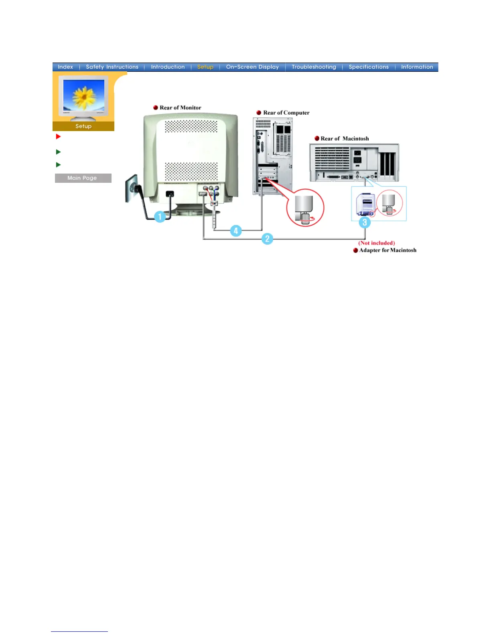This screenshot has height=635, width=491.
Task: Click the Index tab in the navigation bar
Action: tap(65, 67)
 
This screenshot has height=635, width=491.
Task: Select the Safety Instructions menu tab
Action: tap(112, 67)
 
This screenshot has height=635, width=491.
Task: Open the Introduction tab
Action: tap(168, 67)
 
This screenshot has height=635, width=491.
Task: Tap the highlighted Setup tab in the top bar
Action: tap(205, 67)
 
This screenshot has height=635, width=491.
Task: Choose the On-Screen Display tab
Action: tap(252, 67)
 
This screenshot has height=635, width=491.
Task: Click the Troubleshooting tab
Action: tap(314, 67)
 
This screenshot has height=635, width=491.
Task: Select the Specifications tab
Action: tap(368, 67)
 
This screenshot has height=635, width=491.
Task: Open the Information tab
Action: tap(417, 67)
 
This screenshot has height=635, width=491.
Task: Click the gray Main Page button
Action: tap(83, 178)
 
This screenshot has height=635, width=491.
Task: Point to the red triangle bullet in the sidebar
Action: tap(58, 137)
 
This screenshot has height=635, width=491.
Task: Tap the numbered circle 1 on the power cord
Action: tap(160, 217)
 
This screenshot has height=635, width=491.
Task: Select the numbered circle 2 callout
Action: tap(267, 239)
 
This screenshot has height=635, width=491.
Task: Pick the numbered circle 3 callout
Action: tap(364, 222)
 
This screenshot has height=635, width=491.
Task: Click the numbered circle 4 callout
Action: tap(235, 231)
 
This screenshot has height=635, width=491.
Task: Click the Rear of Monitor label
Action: tap(180, 108)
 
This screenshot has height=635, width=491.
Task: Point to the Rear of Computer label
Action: tap(286, 113)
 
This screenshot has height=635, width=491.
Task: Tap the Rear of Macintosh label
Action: tap(344, 139)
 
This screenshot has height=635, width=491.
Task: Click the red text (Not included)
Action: tap(376, 243)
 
